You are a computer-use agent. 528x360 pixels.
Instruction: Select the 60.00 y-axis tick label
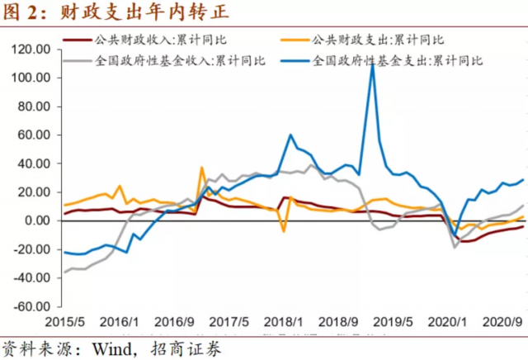click(x=34, y=135)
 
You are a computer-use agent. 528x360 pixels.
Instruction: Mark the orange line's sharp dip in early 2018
click(x=284, y=231)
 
